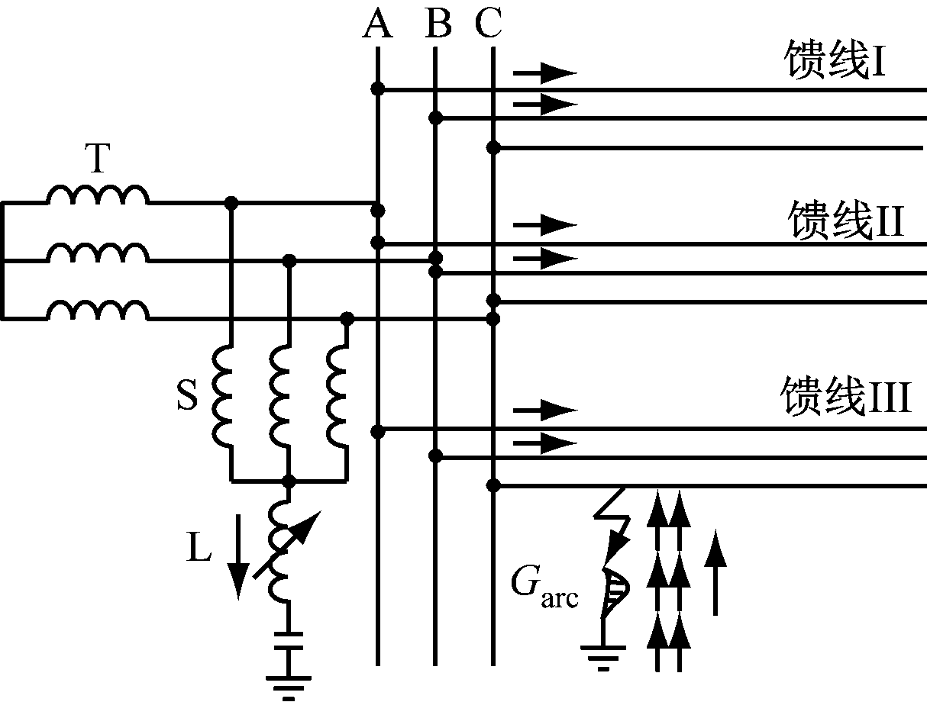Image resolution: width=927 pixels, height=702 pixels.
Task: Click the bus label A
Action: point(377,25)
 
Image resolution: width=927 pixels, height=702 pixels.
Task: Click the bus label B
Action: point(438,25)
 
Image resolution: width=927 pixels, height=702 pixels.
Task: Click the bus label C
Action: point(488,25)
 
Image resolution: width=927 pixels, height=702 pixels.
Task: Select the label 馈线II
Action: point(845,222)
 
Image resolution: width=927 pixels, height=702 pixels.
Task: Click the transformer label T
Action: point(97,159)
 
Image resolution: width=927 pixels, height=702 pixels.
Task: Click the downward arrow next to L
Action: point(238,557)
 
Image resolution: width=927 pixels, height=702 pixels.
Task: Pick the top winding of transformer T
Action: point(98,197)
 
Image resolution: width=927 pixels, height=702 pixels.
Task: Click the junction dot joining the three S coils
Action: point(289,481)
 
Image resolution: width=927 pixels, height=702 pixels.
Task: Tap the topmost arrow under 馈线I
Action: point(544,73)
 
